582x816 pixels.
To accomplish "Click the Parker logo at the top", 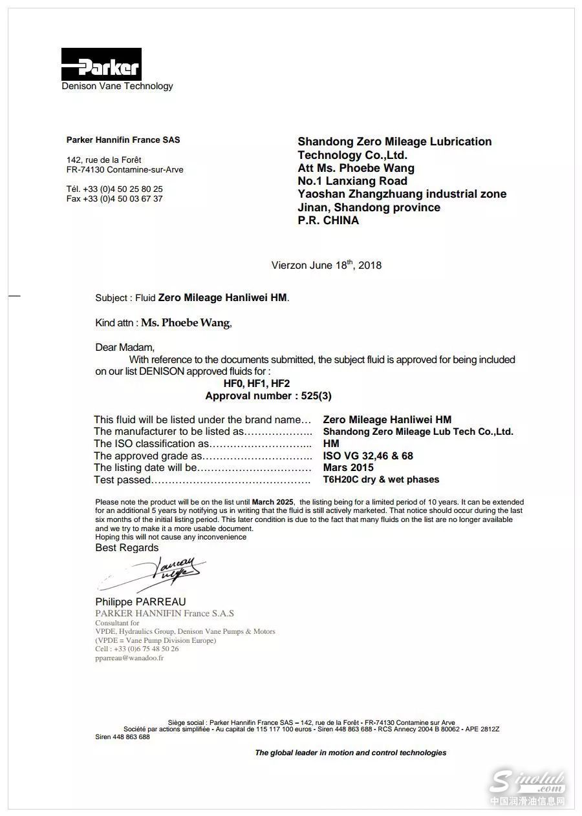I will pos(101,65).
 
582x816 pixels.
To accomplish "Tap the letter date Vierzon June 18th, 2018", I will pos(326,265).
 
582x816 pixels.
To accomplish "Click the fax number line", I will pos(114,199).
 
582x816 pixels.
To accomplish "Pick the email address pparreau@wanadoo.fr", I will pos(129,658).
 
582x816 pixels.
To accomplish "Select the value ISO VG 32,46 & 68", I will pos(367,456).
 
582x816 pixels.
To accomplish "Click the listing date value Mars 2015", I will pos(348,468).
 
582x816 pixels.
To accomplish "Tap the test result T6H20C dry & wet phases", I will pos(380,480).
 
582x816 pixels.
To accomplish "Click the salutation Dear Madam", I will pos(125,348).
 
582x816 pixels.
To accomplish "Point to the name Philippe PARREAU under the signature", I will pos(140,602).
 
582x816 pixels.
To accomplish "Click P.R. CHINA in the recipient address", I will pos(328,220).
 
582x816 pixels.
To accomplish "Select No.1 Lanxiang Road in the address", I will pos(352,181).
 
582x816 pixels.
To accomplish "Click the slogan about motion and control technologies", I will pos(350,753).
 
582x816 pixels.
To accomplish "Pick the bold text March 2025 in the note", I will pos(272,502).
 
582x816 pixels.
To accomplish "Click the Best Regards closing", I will pos(127,548).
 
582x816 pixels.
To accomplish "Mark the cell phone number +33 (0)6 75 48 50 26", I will pos(137,649).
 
